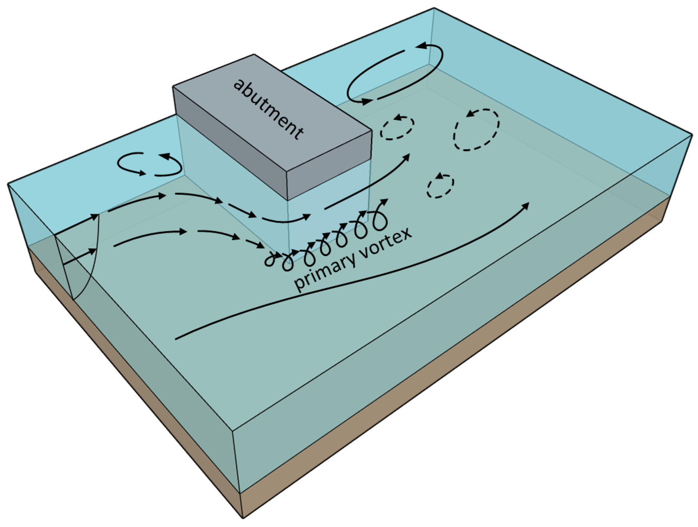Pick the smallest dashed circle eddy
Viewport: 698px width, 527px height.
click(440, 186)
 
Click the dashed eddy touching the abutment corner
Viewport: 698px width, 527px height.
click(397, 127)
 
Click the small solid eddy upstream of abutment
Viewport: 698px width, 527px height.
click(149, 164)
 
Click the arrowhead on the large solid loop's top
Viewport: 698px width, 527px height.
click(421, 46)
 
